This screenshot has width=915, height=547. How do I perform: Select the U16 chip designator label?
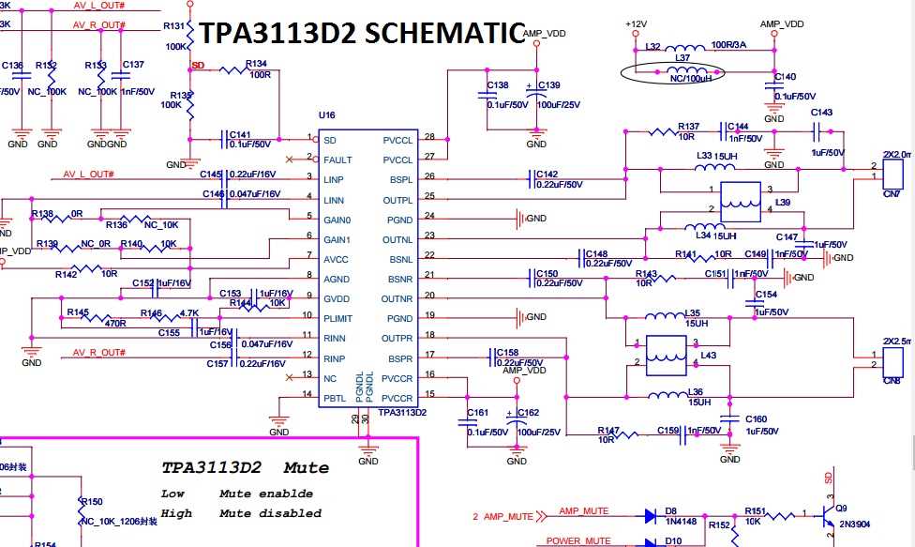(326, 115)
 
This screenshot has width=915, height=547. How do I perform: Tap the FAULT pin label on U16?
(337, 160)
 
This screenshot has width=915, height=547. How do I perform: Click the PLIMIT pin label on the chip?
(340, 319)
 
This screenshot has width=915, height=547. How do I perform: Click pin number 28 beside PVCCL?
(430, 137)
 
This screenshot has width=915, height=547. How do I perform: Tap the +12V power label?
(636, 23)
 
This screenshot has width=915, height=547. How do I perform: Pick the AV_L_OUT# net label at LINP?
(88, 175)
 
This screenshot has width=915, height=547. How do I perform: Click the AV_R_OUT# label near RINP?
(98, 353)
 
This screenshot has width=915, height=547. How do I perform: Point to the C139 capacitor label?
(548, 85)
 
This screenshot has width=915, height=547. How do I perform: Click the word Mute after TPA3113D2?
(307, 468)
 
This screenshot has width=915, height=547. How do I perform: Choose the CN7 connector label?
(891, 193)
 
